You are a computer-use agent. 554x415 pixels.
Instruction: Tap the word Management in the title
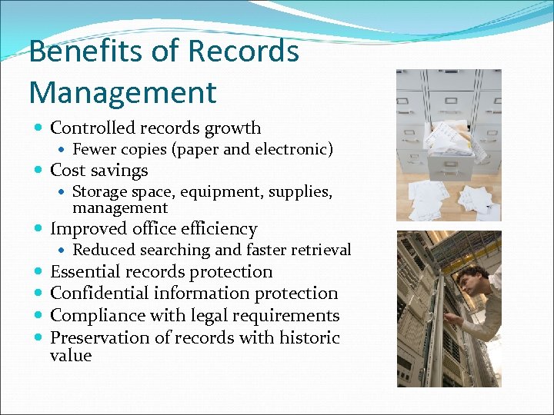(x=123, y=93)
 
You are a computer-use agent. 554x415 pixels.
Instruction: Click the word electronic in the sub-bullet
(x=292, y=149)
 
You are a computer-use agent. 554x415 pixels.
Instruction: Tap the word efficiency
(x=219, y=229)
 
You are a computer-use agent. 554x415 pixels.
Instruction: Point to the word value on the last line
(x=70, y=356)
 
